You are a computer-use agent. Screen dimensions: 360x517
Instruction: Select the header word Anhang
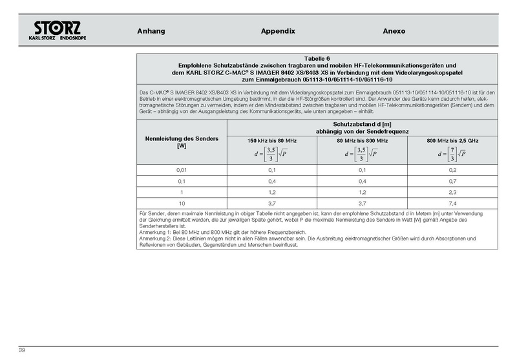click(151, 31)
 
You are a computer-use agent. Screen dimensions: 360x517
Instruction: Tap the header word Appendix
click(278, 31)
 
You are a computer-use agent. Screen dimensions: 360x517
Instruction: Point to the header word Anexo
click(394, 31)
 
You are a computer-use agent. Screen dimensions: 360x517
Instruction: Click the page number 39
click(21, 350)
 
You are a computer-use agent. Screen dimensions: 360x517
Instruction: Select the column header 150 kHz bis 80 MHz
click(272, 141)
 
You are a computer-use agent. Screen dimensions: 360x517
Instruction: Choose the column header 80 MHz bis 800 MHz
click(362, 141)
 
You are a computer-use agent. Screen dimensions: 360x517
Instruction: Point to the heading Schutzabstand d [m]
click(362, 124)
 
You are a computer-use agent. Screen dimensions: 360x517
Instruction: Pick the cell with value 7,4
click(453, 203)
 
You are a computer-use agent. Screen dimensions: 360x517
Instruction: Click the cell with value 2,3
click(453, 192)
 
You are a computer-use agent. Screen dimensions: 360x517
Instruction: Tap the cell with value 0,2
click(453, 169)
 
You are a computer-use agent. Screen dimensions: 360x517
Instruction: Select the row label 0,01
click(182, 169)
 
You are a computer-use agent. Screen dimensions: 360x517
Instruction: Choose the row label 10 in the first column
click(182, 203)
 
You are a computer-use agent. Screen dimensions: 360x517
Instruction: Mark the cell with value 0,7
click(453, 181)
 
